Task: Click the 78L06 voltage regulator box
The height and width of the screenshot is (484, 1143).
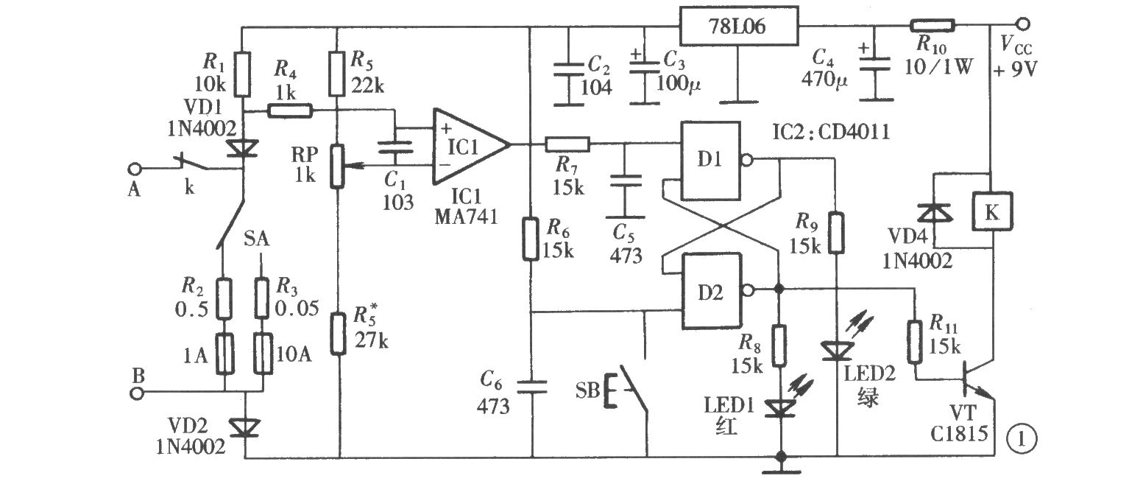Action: [738, 26]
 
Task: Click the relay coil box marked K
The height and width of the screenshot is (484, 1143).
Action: [992, 211]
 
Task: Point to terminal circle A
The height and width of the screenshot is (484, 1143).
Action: [134, 168]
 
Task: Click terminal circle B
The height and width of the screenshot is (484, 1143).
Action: [137, 393]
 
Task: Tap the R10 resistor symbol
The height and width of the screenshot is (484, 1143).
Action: [933, 26]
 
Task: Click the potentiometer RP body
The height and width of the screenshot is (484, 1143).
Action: [337, 166]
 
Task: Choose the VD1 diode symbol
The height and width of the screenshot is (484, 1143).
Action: [243, 149]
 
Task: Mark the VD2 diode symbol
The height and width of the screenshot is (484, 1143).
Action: [245, 428]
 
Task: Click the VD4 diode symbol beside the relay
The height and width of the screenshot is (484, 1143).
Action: [935, 213]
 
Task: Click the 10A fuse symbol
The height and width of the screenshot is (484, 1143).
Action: [263, 354]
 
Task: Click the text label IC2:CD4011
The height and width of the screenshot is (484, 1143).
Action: [831, 132]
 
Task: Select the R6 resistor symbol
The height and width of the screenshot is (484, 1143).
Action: [531, 239]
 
